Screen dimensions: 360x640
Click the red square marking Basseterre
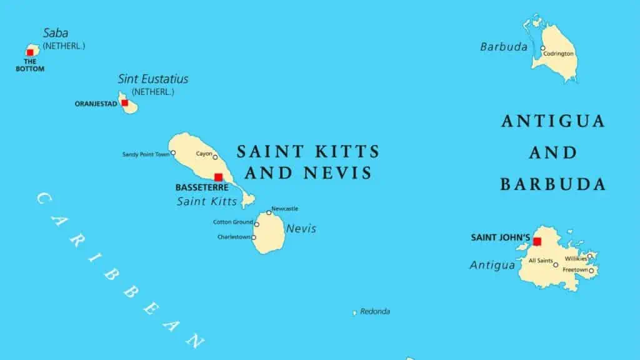click(x=218, y=177)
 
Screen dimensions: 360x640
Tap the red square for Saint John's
click(x=537, y=241)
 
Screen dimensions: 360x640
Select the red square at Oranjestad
click(x=124, y=103)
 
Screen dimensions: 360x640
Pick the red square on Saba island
click(x=30, y=52)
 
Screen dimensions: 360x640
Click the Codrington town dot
click(x=542, y=48)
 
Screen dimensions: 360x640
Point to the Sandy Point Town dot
click(x=173, y=152)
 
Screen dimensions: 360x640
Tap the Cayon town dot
click(x=215, y=157)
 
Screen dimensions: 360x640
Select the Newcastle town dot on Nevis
click(x=269, y=212)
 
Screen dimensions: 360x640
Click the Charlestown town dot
click(x=254, y=237)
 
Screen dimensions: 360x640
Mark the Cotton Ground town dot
click(x=256, y=224)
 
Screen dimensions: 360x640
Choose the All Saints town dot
click(x=556, y=264)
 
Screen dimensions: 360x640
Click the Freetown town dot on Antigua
click(x=591, y=271)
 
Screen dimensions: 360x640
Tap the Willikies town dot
click(x=589, y=256)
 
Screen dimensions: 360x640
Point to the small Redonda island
click(x=354, y=312)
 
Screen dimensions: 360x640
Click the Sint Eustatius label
click(x=153, y=79)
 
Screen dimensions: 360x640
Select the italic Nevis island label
click(x=301, y=229)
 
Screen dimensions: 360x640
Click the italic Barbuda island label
click(x=504, y=47)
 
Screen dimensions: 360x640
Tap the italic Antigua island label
click(x=492, y=266)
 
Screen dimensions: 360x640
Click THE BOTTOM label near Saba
click(x=30, y=65)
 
